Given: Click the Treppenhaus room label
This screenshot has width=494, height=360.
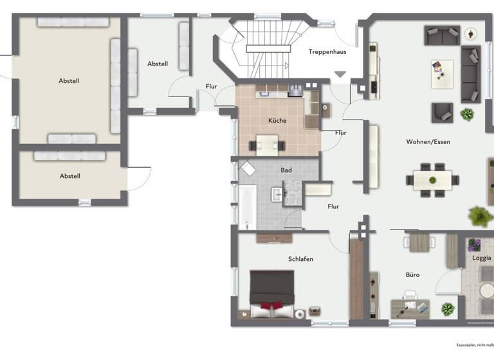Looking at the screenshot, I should click(x=328, y=52).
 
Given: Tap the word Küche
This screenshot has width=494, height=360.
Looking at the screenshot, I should click(x=277, y=120).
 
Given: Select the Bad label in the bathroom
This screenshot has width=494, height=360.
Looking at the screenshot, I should click(x=286, y=170).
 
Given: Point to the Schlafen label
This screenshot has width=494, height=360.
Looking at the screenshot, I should click(x=300, y=259).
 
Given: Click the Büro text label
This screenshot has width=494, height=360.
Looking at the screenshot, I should click(x=412, y=274).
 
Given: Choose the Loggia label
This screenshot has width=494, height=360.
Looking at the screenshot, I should click(x=481, y=258).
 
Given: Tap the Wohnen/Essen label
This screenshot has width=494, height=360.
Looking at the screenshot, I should click(x=428, y=141).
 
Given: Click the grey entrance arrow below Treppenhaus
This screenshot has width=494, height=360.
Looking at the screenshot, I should click(x=340, y=75).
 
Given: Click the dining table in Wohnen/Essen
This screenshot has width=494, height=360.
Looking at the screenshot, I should click(x=432, y=179).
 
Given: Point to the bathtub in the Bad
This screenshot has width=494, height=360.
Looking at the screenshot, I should click(x=248, y=206).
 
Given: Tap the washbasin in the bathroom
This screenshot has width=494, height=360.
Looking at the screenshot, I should click(x=277, y=193).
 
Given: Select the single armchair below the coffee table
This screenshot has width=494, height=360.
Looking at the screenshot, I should click(x=442, y=112).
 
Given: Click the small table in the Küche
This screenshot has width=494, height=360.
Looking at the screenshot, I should click(x=268, y=145).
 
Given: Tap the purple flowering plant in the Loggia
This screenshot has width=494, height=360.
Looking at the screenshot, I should click(x=474, y=244).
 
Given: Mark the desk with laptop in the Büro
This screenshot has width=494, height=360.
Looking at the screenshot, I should click(x=409, y=307).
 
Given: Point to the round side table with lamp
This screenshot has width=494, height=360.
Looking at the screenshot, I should click(x=471, y=33).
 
